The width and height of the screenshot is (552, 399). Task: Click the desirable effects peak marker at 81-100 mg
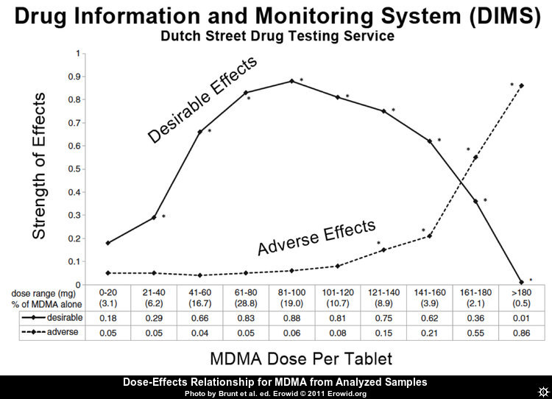click(x=291, y=81)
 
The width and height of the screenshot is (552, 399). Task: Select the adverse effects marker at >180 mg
click(x=521, y=85)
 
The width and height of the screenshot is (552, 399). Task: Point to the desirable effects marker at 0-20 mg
click(x=107, y=242)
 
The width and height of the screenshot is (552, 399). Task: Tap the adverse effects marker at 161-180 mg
click(x=475, y=158)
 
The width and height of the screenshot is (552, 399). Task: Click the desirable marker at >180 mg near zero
click(x=521, y=282)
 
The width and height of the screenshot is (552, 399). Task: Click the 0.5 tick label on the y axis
click(x=74, y=169)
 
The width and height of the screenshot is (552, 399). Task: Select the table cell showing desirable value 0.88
click(x=291, y=317)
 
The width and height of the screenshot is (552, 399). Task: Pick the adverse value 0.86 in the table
click(x=521, y=333)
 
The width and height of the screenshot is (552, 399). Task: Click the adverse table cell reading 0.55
click(x=475, y=333)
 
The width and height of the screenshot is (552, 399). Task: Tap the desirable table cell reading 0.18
click(x=107, y=317)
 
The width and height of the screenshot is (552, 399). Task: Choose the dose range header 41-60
click(x=199, y=292)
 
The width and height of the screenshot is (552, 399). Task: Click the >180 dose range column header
click(x=521, y=292)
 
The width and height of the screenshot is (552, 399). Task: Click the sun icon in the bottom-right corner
click(x=542, y=388)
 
